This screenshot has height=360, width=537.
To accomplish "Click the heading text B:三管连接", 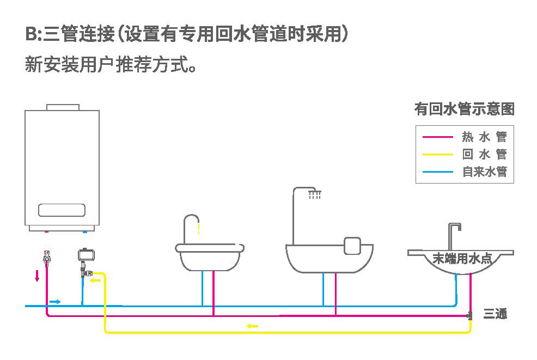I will tap(68, 34).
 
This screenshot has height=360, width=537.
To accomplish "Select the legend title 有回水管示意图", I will tap(464, 109).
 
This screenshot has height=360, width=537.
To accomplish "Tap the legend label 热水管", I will tap(484, 137).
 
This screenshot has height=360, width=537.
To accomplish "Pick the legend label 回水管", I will tap(484, 154).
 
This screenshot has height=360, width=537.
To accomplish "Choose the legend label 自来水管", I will tap(484, 172).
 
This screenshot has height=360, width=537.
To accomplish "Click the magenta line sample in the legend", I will tap(438, 137).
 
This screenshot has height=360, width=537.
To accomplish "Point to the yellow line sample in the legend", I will tap(438, 154).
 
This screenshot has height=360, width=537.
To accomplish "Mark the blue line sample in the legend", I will tap(438, 172).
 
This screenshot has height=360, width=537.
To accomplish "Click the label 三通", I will tap(495, 314).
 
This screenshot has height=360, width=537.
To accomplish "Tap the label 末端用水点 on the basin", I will tap(462, 259).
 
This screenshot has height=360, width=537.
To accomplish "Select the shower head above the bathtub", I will tap(314, 194).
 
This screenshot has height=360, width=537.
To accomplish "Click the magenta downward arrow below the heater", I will tap(37, 276).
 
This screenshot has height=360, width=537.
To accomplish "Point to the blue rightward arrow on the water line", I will tap(55, 301).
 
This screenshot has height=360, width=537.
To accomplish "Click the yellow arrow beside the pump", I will tap(96, 280).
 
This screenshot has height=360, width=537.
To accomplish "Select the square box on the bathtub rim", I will tap(353, 246).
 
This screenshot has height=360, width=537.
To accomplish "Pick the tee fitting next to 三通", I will tap(469, 315).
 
